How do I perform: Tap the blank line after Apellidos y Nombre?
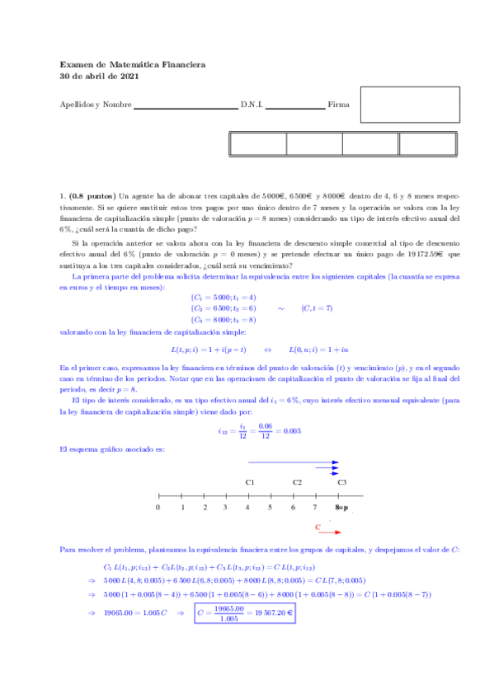[186, 106]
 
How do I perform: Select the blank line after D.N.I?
[294, 106]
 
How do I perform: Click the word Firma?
[338, 105]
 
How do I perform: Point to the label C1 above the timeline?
[250, 482]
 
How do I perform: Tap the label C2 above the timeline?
[297, 482]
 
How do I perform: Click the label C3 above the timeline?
[342, 482]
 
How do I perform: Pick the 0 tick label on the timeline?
[158, 508]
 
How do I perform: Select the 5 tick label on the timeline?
[270, 508]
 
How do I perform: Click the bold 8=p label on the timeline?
[341, 508]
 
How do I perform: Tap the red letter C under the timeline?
[318, 526]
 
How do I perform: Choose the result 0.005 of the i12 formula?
[290, 429]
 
